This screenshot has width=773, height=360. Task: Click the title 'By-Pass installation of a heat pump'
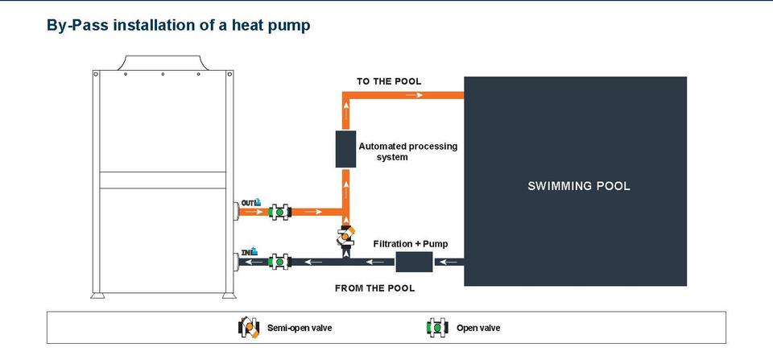click(x=179, y=25)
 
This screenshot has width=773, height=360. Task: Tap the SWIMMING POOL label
click(x=579, y=186)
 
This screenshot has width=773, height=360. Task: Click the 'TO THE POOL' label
click(x=389, y=81)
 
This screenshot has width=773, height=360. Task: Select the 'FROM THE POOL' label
click(x=374, y=288)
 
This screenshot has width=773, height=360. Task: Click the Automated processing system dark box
click(x=345, y=149)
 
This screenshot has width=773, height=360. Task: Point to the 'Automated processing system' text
click(x=407, y=151)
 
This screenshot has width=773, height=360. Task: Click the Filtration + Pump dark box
click(x=414, y=262)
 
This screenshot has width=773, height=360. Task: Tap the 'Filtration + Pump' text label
click(x=411, y=243)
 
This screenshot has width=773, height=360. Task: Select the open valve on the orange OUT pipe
click(x=279, y=212)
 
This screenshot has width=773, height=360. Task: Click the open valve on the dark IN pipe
click(x=279, y=262)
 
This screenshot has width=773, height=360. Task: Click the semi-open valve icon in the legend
click(x=249, y=328)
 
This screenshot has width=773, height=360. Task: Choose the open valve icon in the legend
click(x=437, y=328)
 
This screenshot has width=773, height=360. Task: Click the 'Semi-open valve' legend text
click(x=300, y=328)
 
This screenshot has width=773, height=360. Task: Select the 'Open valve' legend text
click(x=478, y=328)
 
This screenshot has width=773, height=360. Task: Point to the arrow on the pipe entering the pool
click(x=415, y=95)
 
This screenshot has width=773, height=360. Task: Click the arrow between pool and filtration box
click(x=449, y=262)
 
